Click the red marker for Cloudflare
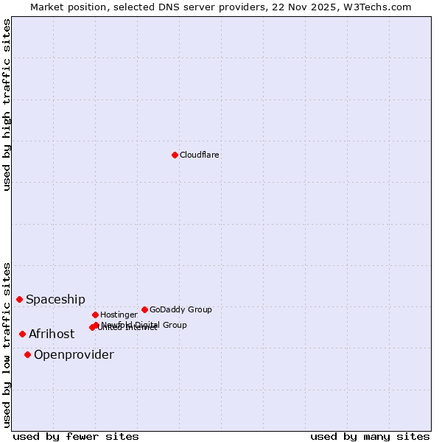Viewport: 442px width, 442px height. pyautogui.click(x=175, y=155)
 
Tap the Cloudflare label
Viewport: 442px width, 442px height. pyautogui.click(x=199, y=155)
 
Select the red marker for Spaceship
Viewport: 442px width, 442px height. pyautogui.click(x=19, y=299)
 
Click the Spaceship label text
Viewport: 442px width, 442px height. pyautogui.click(x=55, y=299)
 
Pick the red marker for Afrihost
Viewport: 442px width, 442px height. pyautogui.click(x=22, y=334)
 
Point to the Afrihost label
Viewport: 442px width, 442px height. pyautogui.click(x=52, y=334)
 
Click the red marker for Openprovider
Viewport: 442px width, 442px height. pyautogui.click(x=27, y=354)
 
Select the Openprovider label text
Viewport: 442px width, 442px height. pyautogui.click(x=74, y=354)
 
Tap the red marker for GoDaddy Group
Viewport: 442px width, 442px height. pyautogui.click(x=144, y=309)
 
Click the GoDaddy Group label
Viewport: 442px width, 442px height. pyautogui.click(x=180, y=309)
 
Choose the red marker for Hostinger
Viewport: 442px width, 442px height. pyautogui.click(x=95, y=315)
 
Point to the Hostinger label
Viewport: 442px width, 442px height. pyautogui.click(x=119, y=315)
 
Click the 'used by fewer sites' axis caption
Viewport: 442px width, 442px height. pyautogui.click(x=76, y=436)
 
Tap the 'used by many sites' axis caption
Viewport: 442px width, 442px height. pyautogui.click(x=370, y=436)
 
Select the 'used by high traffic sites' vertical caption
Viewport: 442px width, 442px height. pyautogui.click(x=7, y=105)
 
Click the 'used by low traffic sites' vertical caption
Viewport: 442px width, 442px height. pyautogui.click(x=7, y=345)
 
